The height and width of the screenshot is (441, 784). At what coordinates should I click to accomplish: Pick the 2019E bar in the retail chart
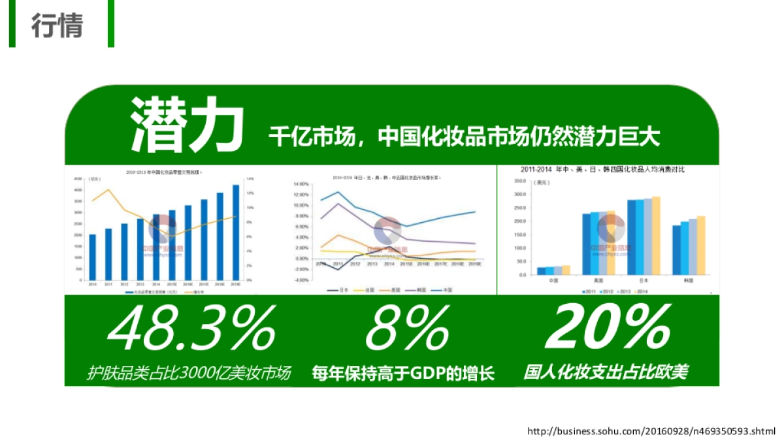[x=236, y=232]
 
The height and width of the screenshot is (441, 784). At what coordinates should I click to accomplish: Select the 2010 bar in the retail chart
[x=92, y=257]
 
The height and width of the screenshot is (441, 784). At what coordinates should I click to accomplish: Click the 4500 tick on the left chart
[x=78, y=179]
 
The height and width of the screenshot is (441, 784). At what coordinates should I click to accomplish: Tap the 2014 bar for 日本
[x=656, y=235]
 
